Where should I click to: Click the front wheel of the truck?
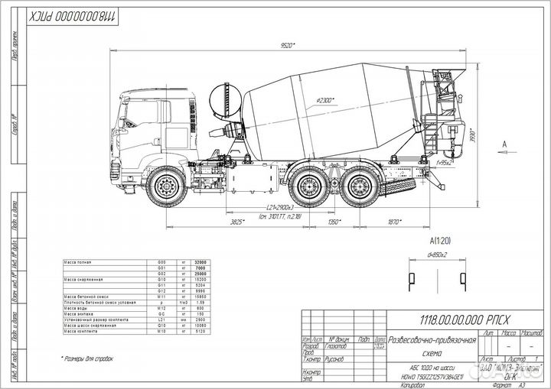coord(165,187)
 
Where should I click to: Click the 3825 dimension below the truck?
coord(237,222)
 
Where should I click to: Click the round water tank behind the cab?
coord(224,102)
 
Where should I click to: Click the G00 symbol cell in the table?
coord(151,262)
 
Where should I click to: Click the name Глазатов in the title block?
coord(337,348)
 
